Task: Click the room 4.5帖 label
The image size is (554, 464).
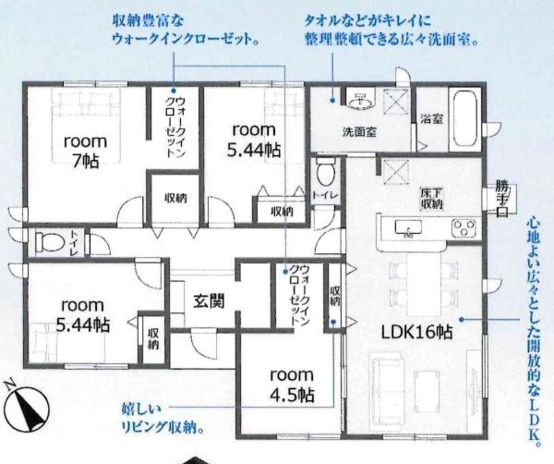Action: click(293, 385)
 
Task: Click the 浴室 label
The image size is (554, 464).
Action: click(431, 118)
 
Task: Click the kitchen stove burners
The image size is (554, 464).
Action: click(463, 227)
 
